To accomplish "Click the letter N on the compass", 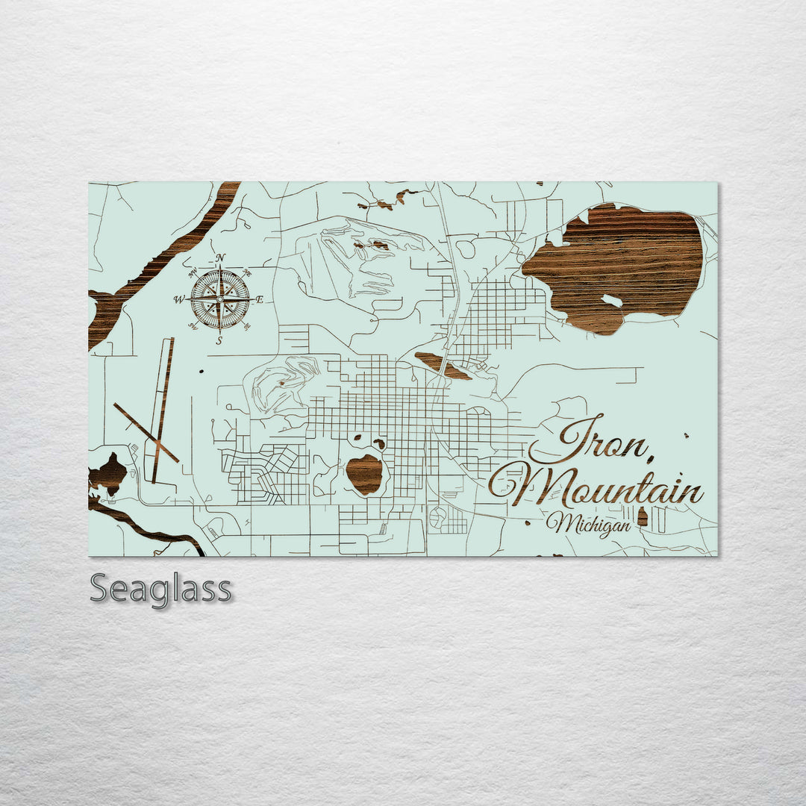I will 220,259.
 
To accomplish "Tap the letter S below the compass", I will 219,341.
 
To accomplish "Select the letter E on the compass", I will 260,300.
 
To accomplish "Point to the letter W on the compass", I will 179,300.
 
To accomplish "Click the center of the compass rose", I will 219,300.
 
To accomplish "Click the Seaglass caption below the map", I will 160,589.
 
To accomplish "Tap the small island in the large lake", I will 612,301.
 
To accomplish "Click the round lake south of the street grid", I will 365,474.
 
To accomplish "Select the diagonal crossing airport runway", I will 146,433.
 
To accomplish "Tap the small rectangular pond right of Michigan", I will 643,516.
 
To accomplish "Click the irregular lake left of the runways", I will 109,473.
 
